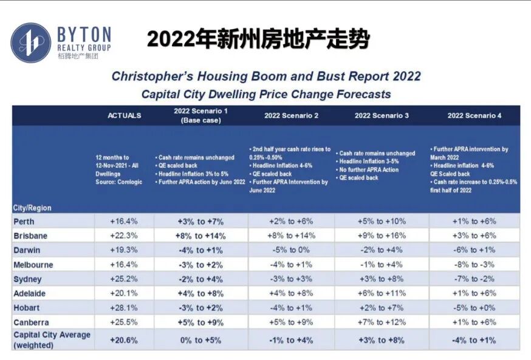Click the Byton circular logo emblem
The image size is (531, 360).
(x=31, y=42)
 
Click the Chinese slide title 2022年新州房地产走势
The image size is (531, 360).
(x=258, y=39)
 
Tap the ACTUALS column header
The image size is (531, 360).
(x=125, y=115)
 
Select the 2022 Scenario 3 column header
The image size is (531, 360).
(x=382, y=115)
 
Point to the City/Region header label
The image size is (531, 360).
(x=32, y=208)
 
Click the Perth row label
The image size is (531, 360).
(x=24, y=222)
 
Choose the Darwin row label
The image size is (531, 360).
(x=27, y=250)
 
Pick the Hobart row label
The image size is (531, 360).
(x=26, y=308)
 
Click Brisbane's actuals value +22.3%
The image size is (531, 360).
(x=123, y=236)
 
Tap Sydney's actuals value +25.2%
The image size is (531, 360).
(x=123, y=279)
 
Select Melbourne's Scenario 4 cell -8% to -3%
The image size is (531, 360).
(x=474, y=265)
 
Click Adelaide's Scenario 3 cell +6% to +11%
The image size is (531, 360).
(x=382, y=293)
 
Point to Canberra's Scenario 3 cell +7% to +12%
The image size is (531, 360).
(x=382, y=322)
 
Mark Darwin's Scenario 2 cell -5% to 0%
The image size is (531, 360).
(x=291, y=250)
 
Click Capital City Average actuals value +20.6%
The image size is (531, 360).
(x=123, y=340)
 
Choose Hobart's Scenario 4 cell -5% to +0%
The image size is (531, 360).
(x=474, y=308)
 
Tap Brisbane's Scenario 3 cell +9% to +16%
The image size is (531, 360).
(x=382, y=236)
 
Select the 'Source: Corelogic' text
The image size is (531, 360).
(x=119, y=182)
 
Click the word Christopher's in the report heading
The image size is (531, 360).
(x=152, y=76)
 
